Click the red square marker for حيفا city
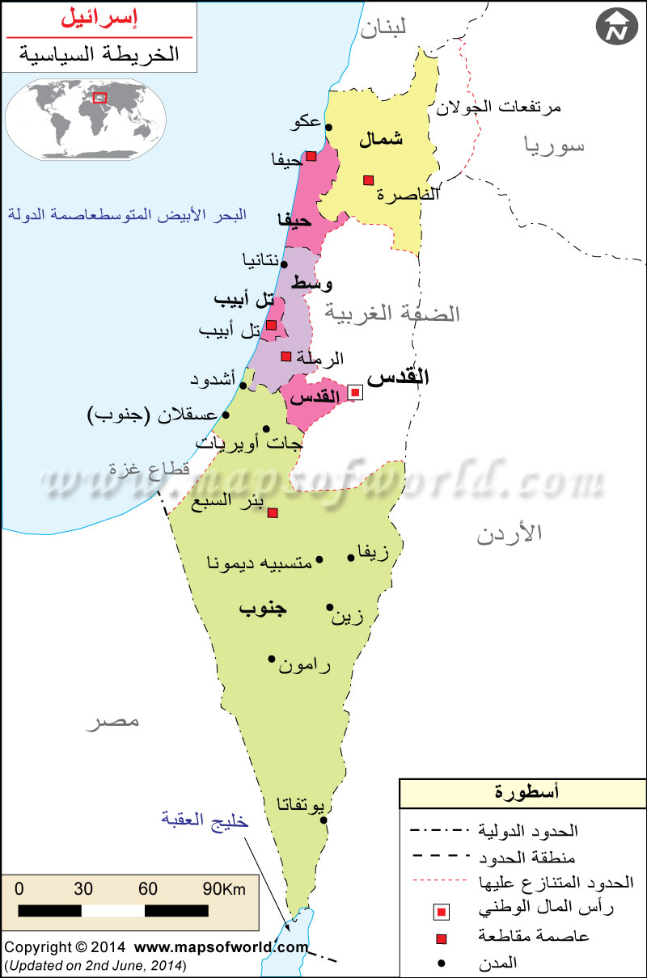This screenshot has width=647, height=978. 311,156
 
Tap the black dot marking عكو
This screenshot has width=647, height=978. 328,126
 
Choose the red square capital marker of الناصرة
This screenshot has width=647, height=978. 368,179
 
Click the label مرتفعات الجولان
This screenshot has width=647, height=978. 498,106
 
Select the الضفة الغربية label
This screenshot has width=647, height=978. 392,312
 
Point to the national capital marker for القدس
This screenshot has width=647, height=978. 355,393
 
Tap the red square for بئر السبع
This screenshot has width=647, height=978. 273,512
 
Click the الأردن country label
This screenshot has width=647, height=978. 509,534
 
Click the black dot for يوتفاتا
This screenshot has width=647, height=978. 323,820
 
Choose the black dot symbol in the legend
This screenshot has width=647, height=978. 441,963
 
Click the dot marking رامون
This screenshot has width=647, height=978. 272,659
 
